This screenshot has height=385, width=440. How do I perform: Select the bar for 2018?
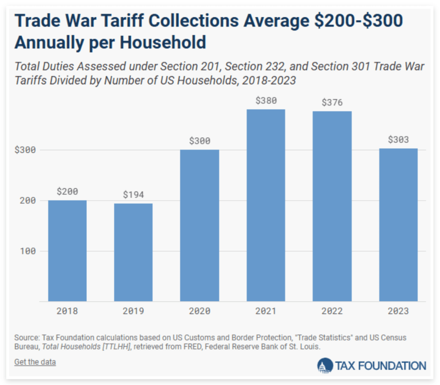(67, 250)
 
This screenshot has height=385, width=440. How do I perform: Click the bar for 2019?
(133, 252)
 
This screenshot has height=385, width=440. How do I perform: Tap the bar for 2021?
(266, 205)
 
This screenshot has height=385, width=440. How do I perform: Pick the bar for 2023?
(398, 225)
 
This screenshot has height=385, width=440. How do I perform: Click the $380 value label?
(266, 101)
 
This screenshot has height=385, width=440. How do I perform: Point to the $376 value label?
(332, 103)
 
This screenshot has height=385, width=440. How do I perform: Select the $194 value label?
(133, 195)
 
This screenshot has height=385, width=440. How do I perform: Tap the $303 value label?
(398, 140)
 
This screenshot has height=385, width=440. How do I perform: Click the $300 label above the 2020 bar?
(199, 141)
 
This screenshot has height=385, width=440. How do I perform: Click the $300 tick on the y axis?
(25, 150)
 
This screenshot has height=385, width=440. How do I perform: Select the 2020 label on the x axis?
(199, 311)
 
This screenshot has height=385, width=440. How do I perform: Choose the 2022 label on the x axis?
(332, 311)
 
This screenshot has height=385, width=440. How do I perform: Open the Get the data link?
(35, 362)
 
